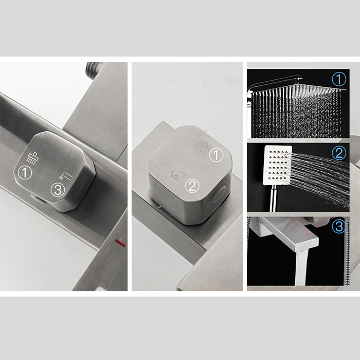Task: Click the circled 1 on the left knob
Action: [x=25, y=173]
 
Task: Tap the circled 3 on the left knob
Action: [x=58, y=190]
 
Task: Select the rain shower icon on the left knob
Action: [x=32, y=158]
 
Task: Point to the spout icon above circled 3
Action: [x=66, y=176]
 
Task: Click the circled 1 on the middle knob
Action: [x=216, y=155]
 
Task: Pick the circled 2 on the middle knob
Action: [x=192, y=186]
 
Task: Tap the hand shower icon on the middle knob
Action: [x=176, y=174]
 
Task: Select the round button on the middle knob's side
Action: [x=218, y=194]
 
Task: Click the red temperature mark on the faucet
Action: [x=120, y=243]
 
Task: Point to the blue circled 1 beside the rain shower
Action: [x=339, y=79]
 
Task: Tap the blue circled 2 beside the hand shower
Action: [x=339, y=153]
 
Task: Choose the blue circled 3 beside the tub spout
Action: [x=339, y=226]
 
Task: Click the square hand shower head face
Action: [x=278, y=165]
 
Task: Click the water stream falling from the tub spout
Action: [x=301, y=267]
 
